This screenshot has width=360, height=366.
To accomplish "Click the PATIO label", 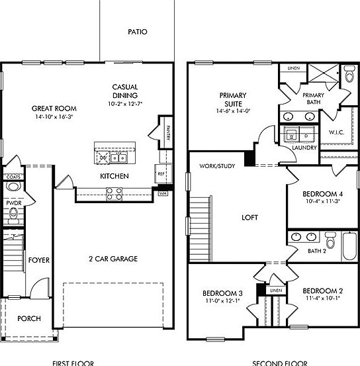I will [138, 31].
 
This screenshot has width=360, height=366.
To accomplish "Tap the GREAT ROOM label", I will [54, 108].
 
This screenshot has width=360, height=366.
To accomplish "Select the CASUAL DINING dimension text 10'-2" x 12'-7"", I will [125, 104].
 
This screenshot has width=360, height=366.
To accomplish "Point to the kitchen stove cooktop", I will [113, 194].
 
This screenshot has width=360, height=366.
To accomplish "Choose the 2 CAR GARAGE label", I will [113, 259].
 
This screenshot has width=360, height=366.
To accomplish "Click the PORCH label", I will [28, 318].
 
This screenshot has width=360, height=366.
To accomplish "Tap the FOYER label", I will [39, 260].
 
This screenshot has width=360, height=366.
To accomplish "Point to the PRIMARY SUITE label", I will [233, 99].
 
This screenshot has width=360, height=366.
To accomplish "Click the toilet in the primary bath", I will [349, 74].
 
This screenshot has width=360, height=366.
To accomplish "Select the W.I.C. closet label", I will [337, 132].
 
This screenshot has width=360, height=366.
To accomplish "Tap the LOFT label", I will [249, 217].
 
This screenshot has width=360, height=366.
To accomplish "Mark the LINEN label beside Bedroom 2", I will [276, 291].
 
